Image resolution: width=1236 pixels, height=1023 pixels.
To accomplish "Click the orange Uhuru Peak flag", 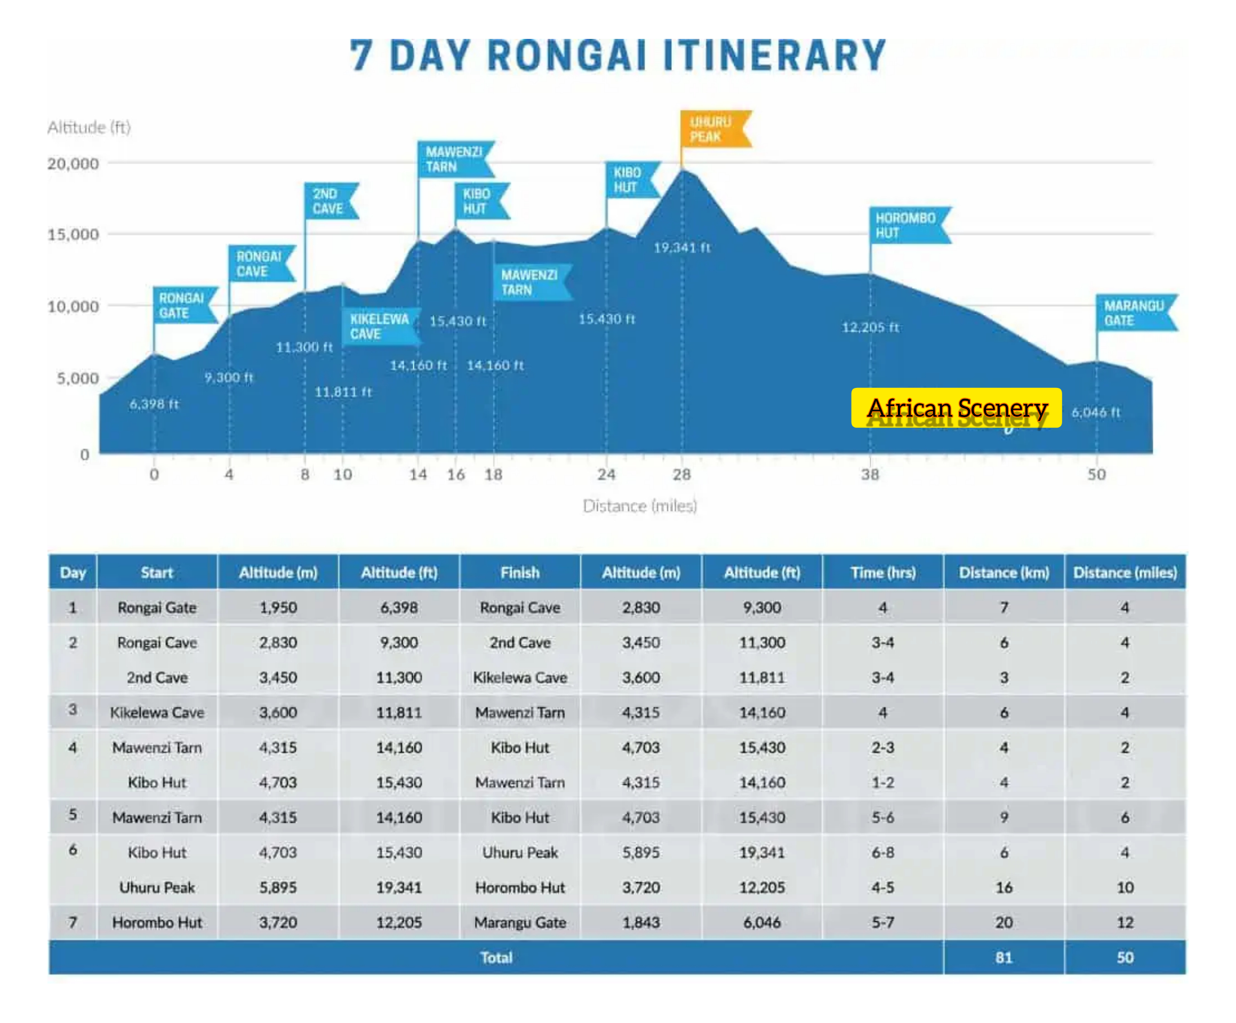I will pos(713,129).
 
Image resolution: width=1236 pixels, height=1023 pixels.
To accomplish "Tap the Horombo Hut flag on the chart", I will pos(906,225).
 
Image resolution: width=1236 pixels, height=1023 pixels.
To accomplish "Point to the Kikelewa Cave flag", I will pos(380,327).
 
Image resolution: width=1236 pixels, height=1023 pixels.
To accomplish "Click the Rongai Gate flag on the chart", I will pos(182,305).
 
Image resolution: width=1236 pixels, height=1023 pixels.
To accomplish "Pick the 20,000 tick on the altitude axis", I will pos(73,164).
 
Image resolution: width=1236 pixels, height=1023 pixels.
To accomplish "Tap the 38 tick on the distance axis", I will pos(870,474).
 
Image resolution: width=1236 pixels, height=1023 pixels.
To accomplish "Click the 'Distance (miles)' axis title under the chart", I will pos(640,506).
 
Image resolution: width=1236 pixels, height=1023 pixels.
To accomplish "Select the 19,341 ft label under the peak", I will pos(681,248).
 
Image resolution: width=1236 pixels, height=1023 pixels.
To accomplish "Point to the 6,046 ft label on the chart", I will pos(1095,412).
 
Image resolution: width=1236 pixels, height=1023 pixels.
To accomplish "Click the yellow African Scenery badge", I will pos(957,408).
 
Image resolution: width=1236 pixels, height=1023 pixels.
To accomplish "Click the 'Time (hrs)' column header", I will pos(883,572).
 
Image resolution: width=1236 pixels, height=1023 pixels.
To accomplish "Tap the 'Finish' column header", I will pos(520,572).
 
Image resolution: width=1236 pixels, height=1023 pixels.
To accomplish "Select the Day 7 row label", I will pos(73,922).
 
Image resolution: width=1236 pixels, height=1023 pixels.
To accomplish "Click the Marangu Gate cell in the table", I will pos(520,922).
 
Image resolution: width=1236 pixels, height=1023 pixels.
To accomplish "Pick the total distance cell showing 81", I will pos(1004,957).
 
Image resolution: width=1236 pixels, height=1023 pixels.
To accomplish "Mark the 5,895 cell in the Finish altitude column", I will pos(641,852).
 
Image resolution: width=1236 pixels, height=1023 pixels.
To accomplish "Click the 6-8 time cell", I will pos(883,852).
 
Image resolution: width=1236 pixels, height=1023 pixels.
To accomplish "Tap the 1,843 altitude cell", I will pos(641,922).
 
